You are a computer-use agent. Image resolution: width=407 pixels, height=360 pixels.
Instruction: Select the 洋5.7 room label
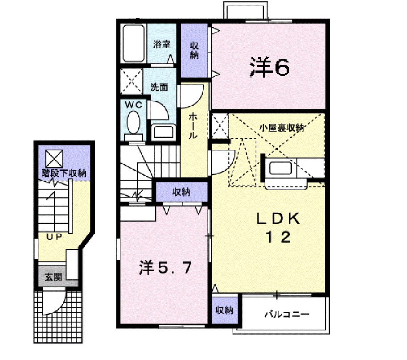[165, 268]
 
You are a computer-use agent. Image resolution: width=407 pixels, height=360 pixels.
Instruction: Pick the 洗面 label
[158, 87]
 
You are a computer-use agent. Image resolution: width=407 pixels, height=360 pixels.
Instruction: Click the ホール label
[194, 126]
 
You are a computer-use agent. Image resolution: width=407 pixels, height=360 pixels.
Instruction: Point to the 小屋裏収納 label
[282, 128]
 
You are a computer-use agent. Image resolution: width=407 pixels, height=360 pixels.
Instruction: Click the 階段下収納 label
[64, 173]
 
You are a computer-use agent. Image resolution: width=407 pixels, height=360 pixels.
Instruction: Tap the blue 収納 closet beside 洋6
[194, 50]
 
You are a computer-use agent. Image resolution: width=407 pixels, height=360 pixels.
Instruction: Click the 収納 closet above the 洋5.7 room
[181, 192]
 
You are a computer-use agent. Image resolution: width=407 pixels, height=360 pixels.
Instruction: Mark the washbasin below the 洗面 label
[164, 132]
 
